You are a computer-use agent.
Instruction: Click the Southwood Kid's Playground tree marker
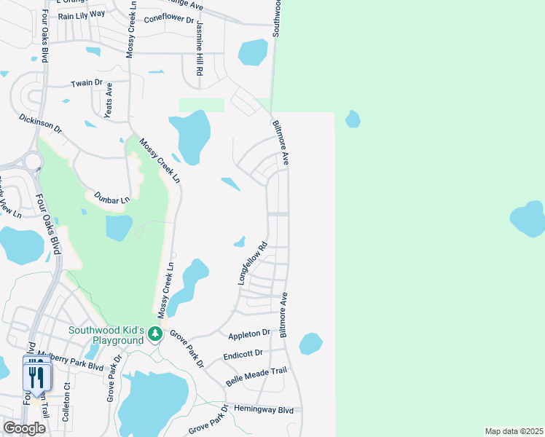154,334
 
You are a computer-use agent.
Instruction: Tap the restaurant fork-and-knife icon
34,376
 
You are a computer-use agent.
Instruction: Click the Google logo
24,428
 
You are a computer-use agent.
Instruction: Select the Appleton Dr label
249,335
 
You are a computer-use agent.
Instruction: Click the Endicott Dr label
244,355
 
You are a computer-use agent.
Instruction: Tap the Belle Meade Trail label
256,377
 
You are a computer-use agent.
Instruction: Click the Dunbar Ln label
111,197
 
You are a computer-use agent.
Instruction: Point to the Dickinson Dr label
42,122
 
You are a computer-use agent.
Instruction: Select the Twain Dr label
82,83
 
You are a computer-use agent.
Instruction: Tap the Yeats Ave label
109,100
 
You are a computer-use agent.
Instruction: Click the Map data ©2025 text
514,431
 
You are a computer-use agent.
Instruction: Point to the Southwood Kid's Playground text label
106,335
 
